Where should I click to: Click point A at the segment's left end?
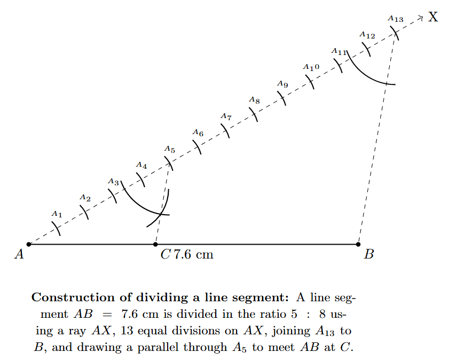tap(29, 244)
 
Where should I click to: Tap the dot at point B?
tap(358, 244)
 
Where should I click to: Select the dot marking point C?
tap(155, 244)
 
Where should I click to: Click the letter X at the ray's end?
tap(433, 17)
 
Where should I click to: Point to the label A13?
tap(396, 19)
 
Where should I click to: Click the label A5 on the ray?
tap(169, 150)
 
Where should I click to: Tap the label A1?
tap(57, 214)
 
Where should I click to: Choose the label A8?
tap(254, 100)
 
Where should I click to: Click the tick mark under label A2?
tap(85, 212)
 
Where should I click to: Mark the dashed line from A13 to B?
tap(377, 139)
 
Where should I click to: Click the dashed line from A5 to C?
tap(162, 203)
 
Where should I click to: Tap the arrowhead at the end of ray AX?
tap(421, 18)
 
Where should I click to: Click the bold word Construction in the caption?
tap(73, 298)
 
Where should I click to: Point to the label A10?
tap(311, 67)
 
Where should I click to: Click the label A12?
tap(367, 35)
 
